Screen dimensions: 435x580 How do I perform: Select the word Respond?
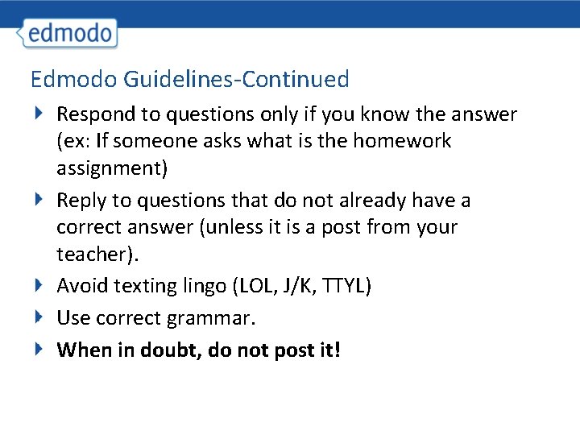(97, 114)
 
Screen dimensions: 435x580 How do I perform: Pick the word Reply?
(80, 201)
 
